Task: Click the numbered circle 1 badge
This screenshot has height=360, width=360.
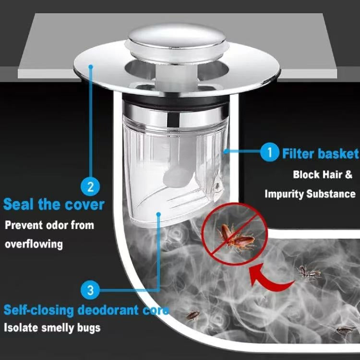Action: [270, 152]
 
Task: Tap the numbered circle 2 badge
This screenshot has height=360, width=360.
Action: [90, 186]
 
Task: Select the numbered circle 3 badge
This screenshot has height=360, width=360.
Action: [90, 290]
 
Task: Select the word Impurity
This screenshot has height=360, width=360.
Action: [284, 194]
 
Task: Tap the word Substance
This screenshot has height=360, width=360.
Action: [331, 194]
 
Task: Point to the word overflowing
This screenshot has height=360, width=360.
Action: [34, 244]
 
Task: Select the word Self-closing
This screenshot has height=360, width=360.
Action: [38, 310]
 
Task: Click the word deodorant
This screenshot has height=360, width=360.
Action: [108, 310]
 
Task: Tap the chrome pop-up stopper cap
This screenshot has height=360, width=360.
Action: [177, 42]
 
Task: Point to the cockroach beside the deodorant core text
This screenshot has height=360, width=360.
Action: [192, 315]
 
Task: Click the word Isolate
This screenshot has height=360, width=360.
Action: [21, 327]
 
